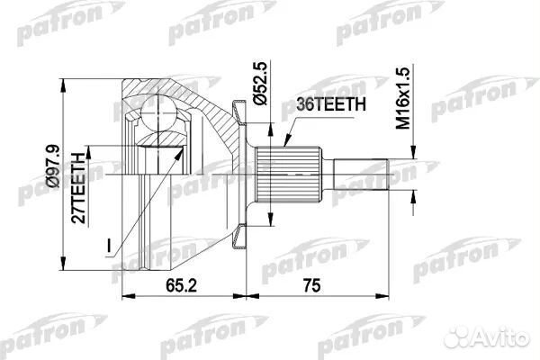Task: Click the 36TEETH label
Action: point(329,104)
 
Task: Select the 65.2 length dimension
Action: point(175,285)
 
